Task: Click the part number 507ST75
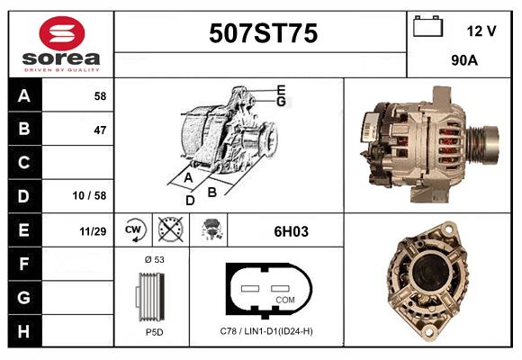pos(264,33)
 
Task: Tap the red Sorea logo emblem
pos(62,33)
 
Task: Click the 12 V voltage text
pos(481,31)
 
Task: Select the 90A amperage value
pos(464,60)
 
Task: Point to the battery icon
pos(427,26)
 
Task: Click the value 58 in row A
pos(100,96)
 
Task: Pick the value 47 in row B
pos(100,130)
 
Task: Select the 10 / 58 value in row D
pos(90,195)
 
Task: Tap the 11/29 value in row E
pos(93,231)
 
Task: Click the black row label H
pos(24,330)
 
